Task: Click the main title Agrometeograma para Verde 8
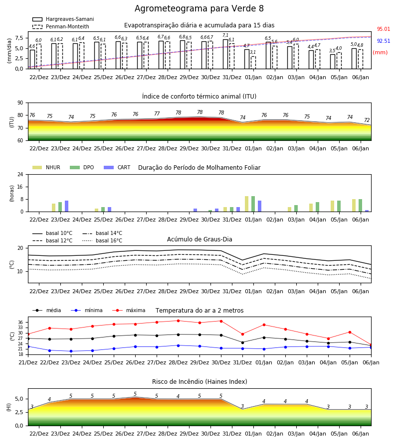199,8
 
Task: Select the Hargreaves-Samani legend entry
63,19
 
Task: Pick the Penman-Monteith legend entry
61,26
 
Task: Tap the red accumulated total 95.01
384,29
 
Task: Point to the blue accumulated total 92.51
384,41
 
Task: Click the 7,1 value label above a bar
225,35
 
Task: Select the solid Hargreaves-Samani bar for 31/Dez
225,54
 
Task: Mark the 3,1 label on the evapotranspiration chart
253,52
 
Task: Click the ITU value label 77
157,113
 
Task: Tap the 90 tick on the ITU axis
20,103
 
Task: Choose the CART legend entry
117,167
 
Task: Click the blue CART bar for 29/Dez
195,210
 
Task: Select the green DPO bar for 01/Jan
253,204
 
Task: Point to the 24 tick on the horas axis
20,175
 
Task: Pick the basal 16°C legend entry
102,240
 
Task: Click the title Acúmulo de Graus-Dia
199,239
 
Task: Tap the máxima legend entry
129,310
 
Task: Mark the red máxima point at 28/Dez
179,321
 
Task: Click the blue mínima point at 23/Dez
71,351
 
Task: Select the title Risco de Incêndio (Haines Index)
199,382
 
